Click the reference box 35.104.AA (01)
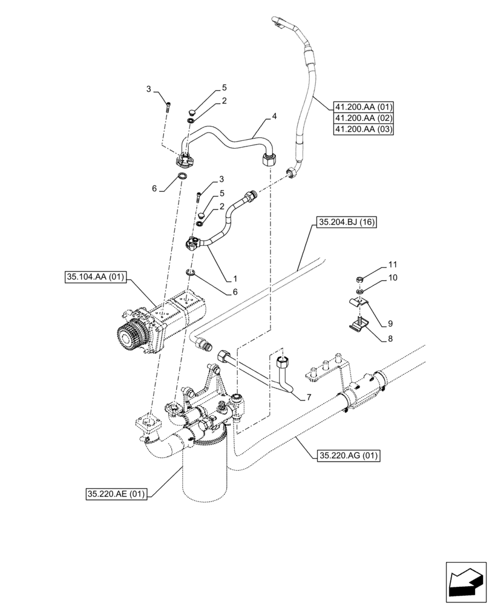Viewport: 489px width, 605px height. tap(94, 278)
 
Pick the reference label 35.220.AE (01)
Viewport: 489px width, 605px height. tap(116, 494)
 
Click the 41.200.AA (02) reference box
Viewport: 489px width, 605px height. tap(363, 119)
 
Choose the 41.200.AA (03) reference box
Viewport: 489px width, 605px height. tap(363, 130)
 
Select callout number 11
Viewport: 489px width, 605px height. tap(393, 265)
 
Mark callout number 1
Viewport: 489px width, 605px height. tap(235, 279)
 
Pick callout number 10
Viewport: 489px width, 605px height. tap(393, 278)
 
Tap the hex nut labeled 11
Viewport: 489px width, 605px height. tap(359, 280)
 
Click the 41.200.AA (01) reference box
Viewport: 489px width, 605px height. tap(363, 107)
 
